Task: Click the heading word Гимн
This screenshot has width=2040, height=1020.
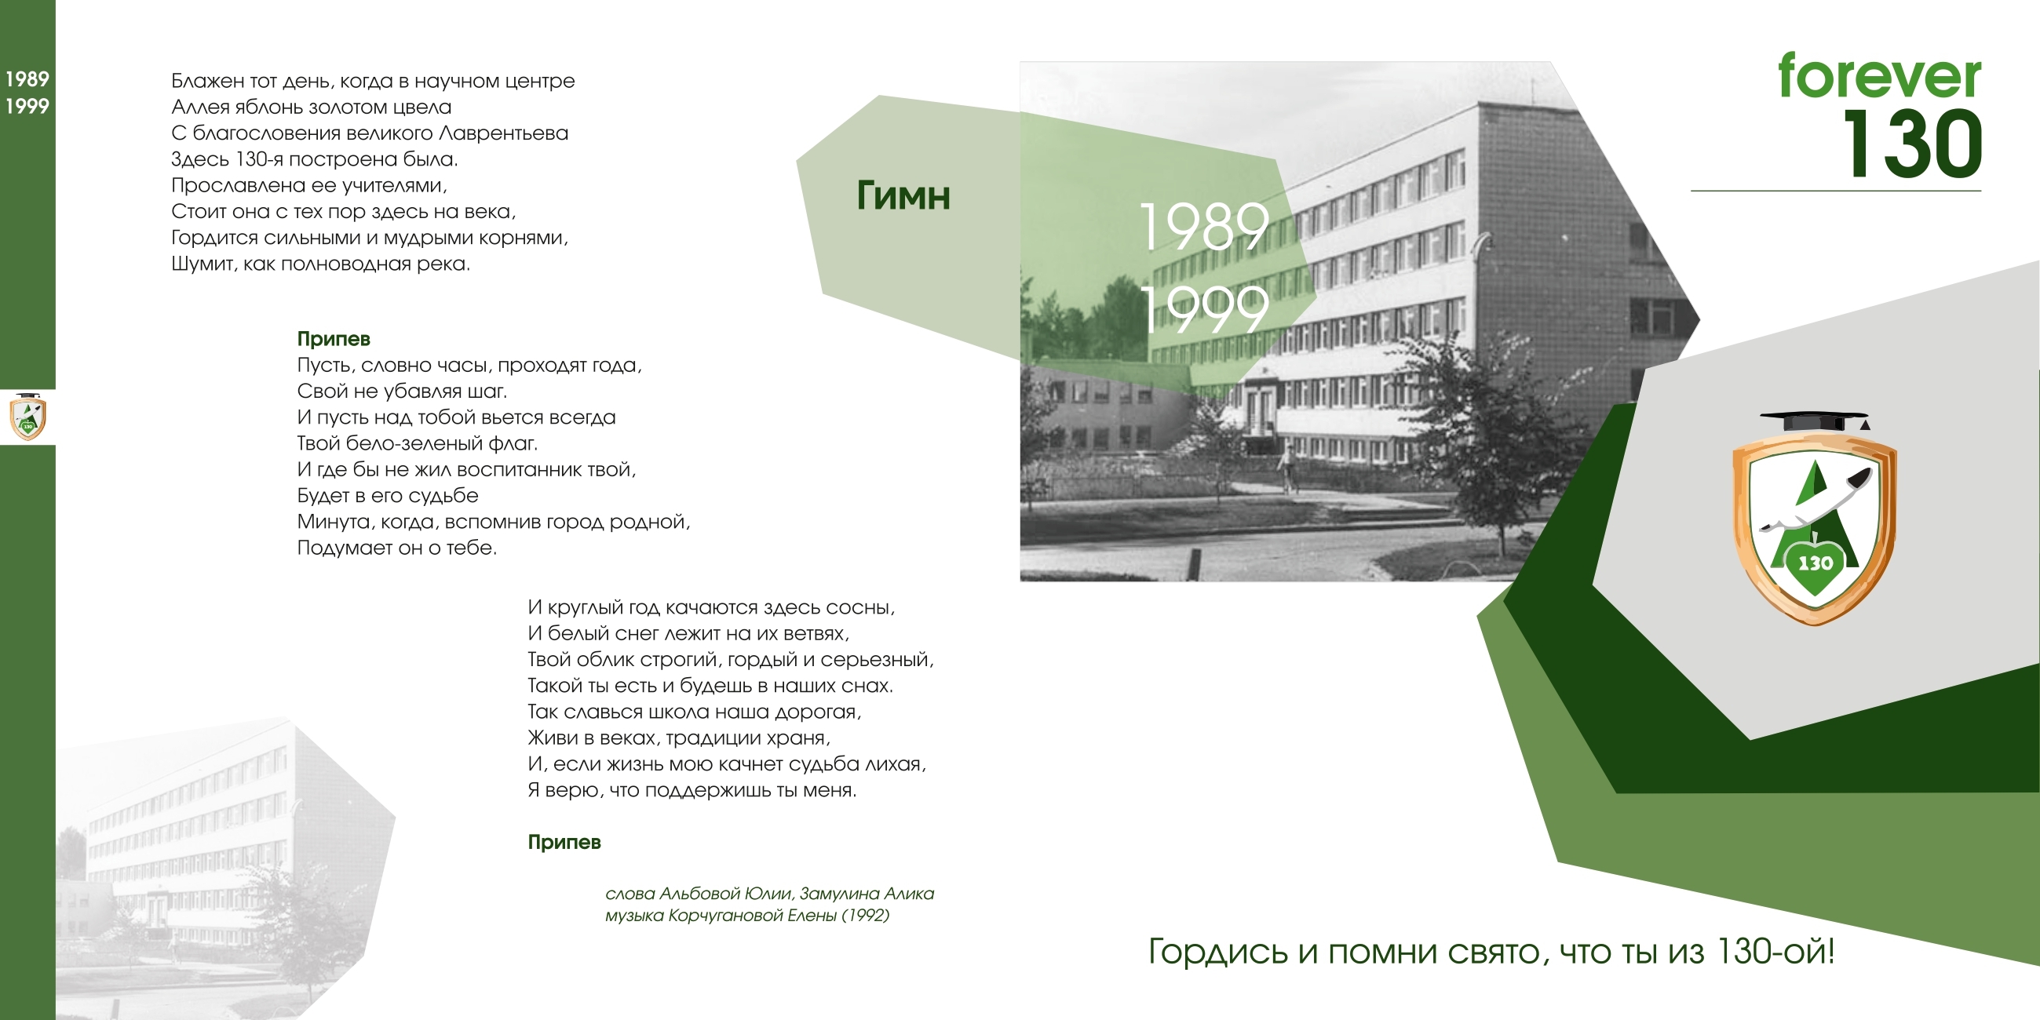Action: click(x=903, y=195)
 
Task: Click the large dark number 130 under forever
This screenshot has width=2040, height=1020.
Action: click(x=1912, y=144)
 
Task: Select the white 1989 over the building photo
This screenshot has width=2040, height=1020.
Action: click(x=1204, y=226)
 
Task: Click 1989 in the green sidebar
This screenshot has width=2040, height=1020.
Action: click(x=27, y=79)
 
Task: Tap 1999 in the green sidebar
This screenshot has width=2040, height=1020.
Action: click(x=27, y=106)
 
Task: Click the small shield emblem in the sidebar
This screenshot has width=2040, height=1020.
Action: click(x=27, y=417)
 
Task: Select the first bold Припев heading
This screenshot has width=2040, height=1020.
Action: click(x=334, y=339)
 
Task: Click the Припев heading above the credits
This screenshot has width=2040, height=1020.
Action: click(x=564, y=842)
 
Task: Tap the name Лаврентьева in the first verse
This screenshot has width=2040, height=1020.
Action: click(x=503, y=133)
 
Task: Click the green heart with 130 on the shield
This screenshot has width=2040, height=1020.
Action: click(x=1815, y=564)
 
